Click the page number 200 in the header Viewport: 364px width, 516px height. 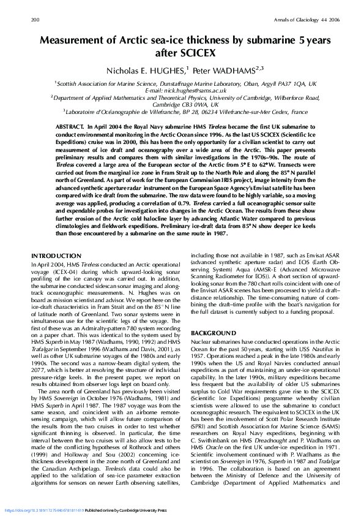(x=35, y=20)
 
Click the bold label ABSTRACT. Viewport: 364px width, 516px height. (x=70, y=124)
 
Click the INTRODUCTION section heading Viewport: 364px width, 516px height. (x=56, y=256)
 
